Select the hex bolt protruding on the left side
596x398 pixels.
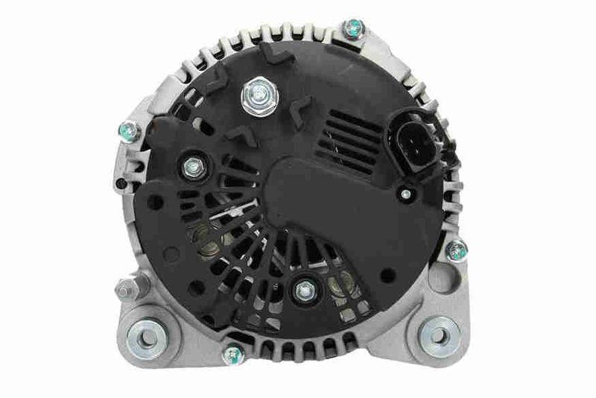124,287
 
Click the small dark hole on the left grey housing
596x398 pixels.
120,182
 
